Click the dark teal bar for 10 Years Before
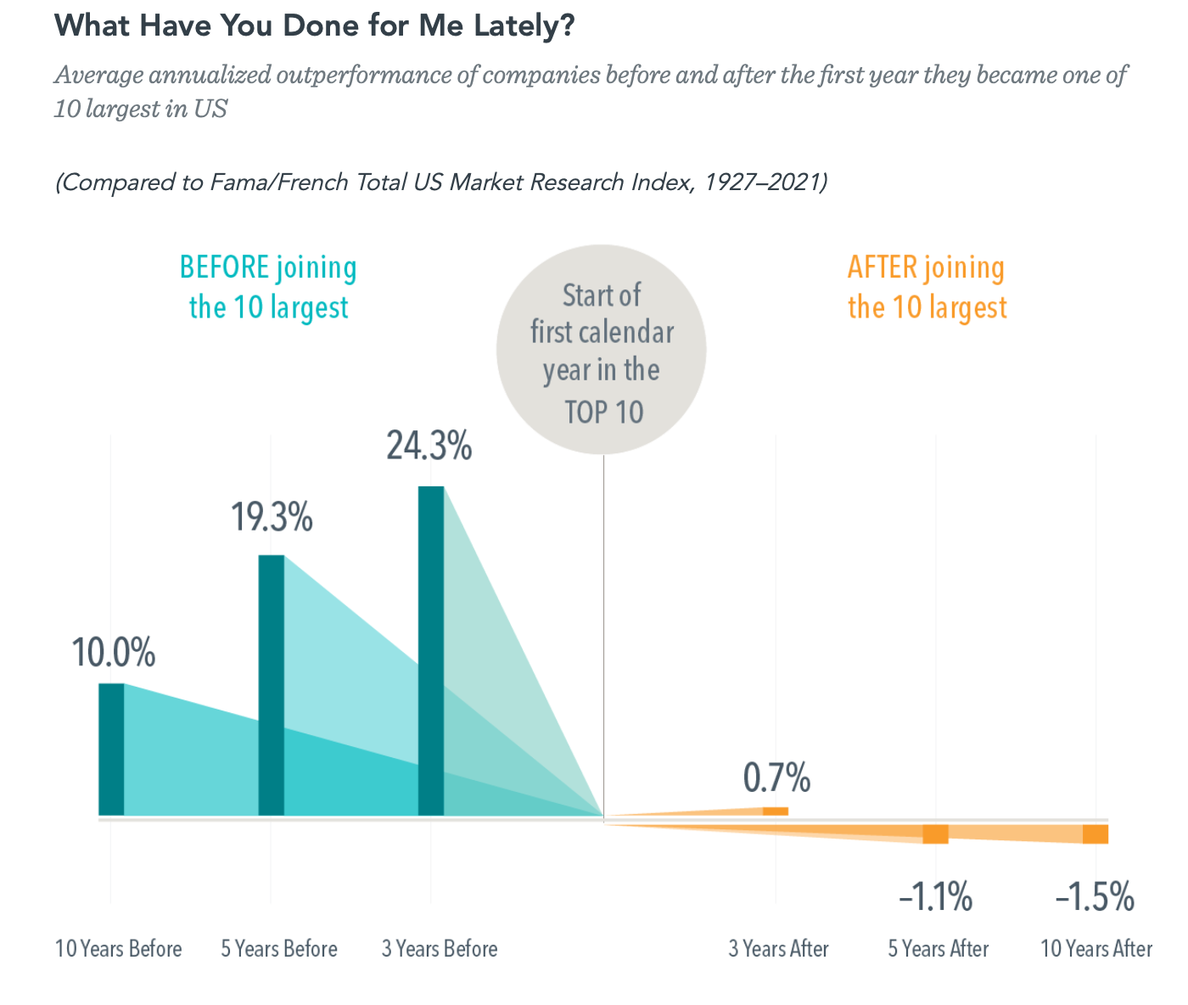(111, 749)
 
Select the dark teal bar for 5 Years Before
(271, 685)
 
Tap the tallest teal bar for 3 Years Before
(431, 650)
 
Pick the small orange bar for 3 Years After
(776, 811)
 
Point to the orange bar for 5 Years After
(935, 834)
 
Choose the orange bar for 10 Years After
(1096, 834)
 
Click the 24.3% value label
(429, 446)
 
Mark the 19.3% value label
(272, 517)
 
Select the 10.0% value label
(113, 654)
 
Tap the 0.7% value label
(776, 778)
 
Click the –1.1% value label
(935, 897)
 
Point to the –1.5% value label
(1095, 897)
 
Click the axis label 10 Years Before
(118, 948)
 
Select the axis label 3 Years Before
(440, 948)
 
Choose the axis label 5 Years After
(939, 948)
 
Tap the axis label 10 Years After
(1096, 948)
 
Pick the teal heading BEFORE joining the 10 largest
(268, 287)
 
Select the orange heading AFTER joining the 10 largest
(927, 287)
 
